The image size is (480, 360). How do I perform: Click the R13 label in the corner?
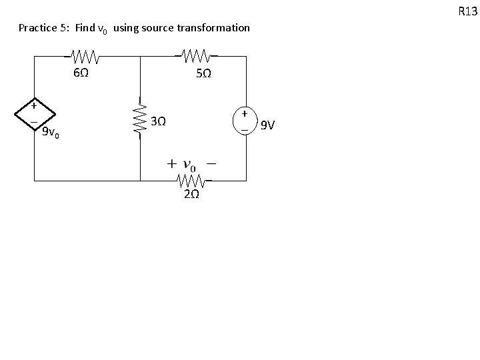pyautogui.click(x=467, y=11)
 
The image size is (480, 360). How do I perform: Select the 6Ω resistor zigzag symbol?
pyautogui.click(x=85, y=55)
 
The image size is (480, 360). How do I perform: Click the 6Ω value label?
pyautogui.click(x=80, y=72)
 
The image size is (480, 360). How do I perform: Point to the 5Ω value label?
pyautogui.click(x=204, y=73)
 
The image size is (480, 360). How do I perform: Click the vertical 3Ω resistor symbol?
pyautogui.click(x=141, y=118)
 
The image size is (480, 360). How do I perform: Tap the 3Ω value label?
pyautogui.click(x=158, y=122)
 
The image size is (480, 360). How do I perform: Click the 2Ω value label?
pyautogui.click(x=191, y=195)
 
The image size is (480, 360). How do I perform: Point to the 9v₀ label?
pyautogui.click(x=51, y=133)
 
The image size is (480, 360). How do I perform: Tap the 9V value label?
pyautogui.click(x=267, y=124)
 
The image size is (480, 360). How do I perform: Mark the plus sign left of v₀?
pyautogui.click(x=171, y=163)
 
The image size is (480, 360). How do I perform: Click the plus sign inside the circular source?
pyautogui.click(x=245, y=114)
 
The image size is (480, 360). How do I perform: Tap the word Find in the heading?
pyautogui.click(x=85, y=28)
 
